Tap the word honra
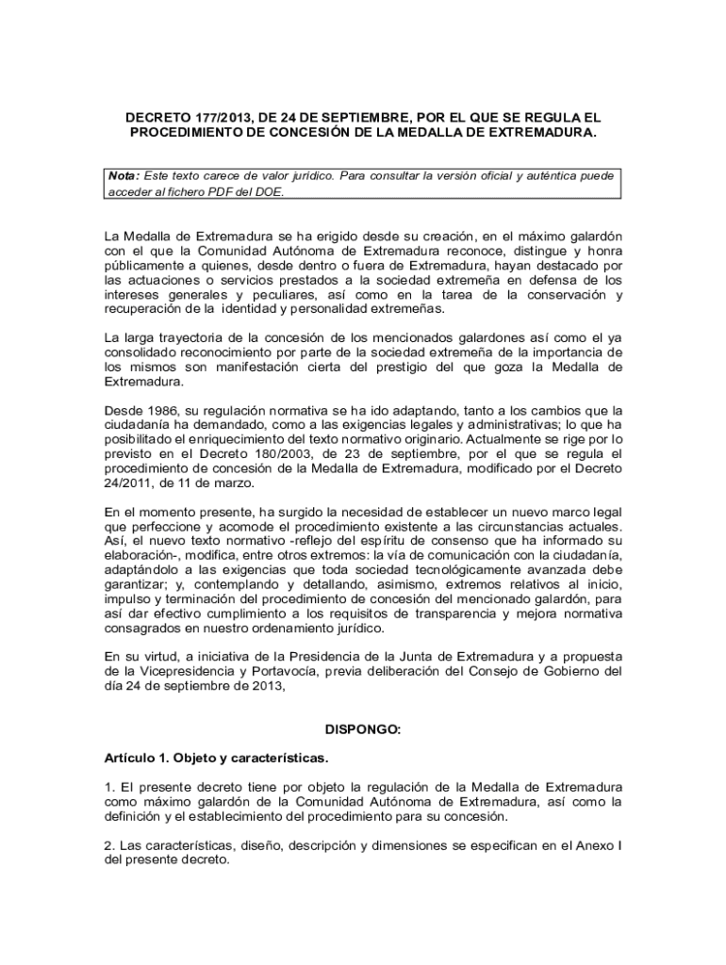coord(602,251)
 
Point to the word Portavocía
coord(290,672)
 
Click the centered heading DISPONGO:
coord(363,729)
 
